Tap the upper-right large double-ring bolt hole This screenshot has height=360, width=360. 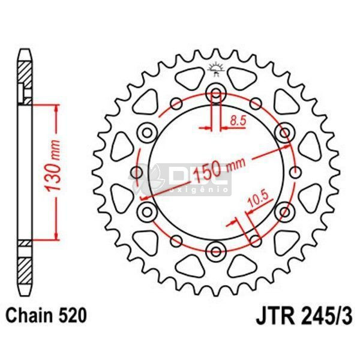click(284, 131)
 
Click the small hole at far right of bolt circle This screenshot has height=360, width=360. click(295, 173)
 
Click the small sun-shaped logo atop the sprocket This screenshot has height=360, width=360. click(216, 68)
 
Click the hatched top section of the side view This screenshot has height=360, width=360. click(24, 78)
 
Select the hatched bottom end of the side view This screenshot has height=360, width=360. click(24, 264)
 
